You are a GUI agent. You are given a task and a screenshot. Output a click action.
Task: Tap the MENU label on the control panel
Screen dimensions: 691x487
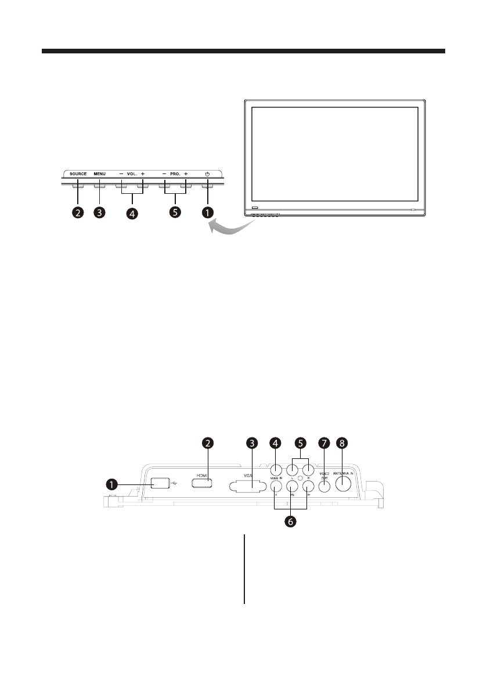[x=99, y=174]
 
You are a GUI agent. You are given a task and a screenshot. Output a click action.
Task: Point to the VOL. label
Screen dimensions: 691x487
[x=131, y=174]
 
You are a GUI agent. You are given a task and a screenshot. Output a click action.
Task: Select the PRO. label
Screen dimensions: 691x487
[x=175, y=174]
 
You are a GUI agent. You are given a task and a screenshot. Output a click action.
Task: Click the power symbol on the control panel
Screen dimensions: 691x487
[x=207, y=174]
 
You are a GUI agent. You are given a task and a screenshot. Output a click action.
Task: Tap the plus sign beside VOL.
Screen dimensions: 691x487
[x=142, y=174]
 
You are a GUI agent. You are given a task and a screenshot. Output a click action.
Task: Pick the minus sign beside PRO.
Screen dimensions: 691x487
[x=164, y=174]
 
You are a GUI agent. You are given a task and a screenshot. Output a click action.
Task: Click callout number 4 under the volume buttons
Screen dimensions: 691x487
[x=133, y=214]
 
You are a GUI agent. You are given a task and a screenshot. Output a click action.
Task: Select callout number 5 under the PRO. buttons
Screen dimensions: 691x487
[x=175, y=212]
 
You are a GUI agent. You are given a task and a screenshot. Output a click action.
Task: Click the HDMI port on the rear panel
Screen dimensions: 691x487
[x=201, y=482]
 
